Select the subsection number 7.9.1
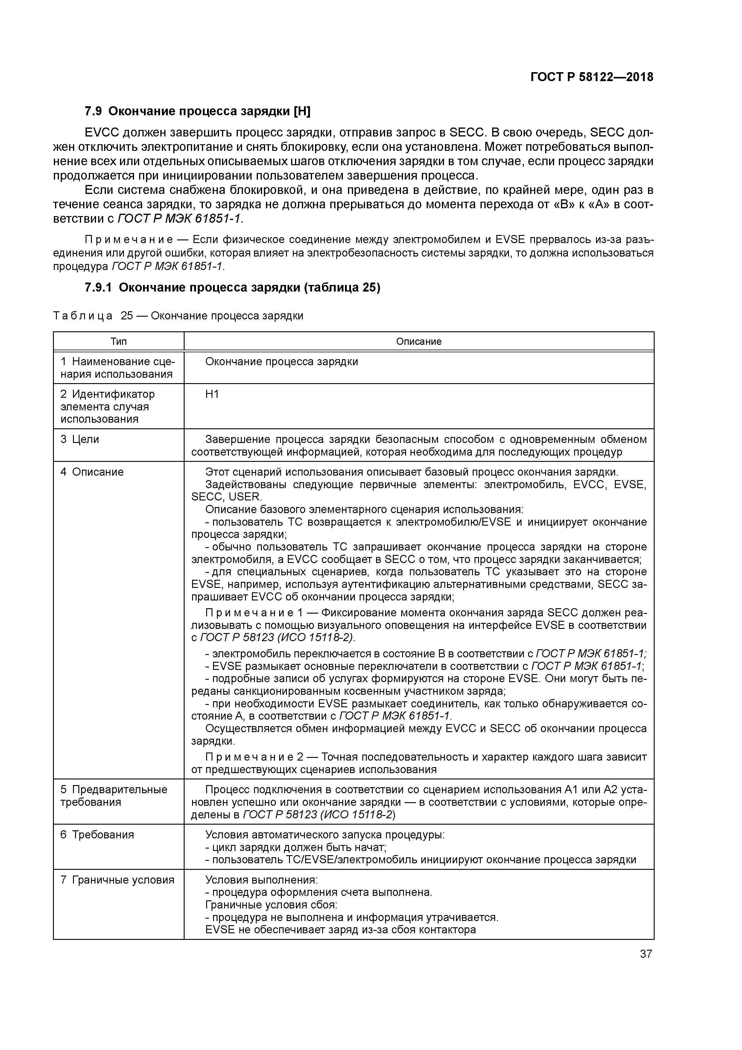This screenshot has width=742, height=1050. pyautogui.click(x=99, y=288)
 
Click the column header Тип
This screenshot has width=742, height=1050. pyautogui.click(x=118, y=341)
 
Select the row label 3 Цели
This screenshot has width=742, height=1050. pyautogui.click(x=80, y=439)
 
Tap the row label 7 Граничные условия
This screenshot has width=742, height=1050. pyautogui.click(x=117, y=880)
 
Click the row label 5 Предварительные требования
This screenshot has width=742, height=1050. pyautogui.click(x=114, y=796)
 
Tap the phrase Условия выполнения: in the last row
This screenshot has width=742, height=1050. pyautogui.click(x=261, y=880)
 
